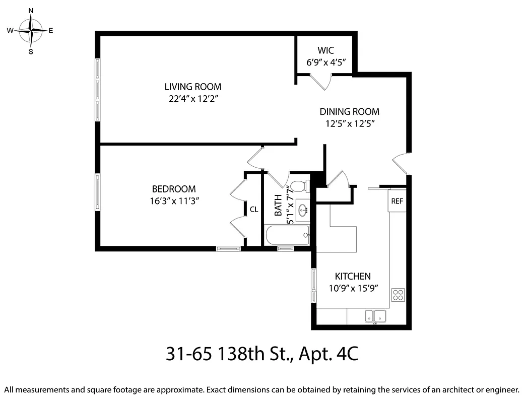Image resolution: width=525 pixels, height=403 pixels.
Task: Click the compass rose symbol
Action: [x=31, y=31]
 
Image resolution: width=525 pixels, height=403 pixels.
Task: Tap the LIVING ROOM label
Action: [x=193, y=87]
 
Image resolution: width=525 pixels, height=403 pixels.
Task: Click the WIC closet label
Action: [x=325, y=50]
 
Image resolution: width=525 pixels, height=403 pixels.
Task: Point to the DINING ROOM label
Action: [x=349, y=111]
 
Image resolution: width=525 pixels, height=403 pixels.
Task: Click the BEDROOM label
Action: [x=174, y=189]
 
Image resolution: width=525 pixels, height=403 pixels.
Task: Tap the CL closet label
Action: [x=254, y=209]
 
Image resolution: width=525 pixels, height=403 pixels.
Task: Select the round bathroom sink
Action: [x=303, y=211]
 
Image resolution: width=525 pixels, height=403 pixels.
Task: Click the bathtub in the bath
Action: [x=287, y=235]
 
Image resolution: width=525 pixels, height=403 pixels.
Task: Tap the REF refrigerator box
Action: [x=397, y=201]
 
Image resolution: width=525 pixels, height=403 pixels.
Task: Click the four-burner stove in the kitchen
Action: [x=398, y=294]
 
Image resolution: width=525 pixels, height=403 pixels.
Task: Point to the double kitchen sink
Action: [x=375, y=316]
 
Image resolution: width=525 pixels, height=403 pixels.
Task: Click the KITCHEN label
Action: [x=353, y=276]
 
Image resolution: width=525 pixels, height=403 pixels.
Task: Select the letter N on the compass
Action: [x=31, y=11]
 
